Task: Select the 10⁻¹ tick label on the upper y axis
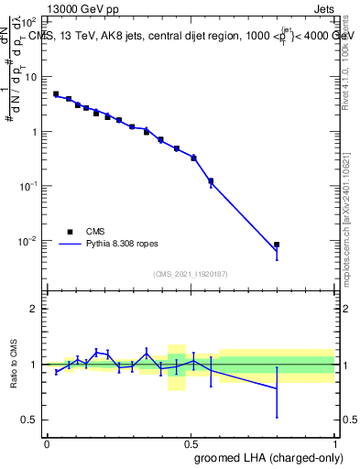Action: point(27,186)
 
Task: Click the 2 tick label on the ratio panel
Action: point(34,309)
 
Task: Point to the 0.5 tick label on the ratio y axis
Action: point(30,420)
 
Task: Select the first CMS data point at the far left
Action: point(56,93)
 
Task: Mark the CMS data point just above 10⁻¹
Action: point(211,180)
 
